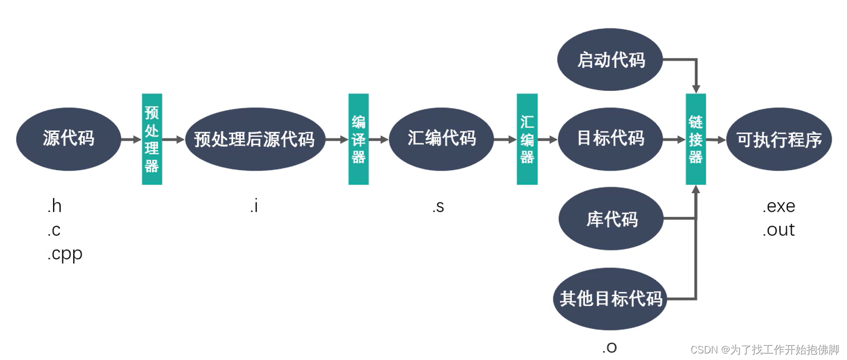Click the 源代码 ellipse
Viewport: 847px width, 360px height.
click(68, 139)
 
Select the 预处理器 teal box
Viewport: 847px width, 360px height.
click(152, 139)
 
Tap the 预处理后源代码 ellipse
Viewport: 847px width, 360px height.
click(254, 139)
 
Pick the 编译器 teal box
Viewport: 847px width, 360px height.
click(359, 139)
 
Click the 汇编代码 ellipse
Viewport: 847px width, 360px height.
click(441, 139)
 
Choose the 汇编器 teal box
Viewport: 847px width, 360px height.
click(527, 139)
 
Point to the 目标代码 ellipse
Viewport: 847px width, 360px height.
click(610, 139)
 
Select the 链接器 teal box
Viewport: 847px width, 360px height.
click(696, 139)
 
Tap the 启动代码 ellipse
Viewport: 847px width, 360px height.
click(610, 60)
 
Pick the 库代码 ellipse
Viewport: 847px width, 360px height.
click(611, 220)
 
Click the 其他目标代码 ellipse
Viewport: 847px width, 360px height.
click(610, 299)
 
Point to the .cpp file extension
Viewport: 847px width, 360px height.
click(65, 254)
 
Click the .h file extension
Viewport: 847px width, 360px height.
click(54, 207)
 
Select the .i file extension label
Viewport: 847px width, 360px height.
click(254, 207)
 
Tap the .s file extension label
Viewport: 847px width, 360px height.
click(437, 207)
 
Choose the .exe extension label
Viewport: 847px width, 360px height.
click(779, 207)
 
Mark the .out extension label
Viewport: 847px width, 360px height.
click(779, 230)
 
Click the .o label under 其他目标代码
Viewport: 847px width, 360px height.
click(610, 346)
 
